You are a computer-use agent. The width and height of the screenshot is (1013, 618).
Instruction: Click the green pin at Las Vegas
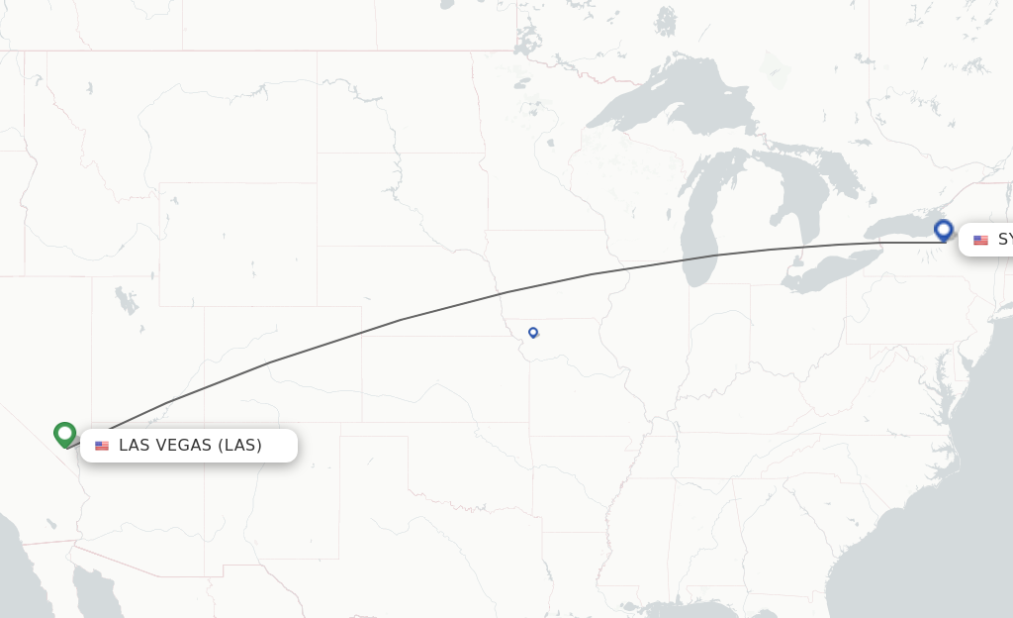point(65,434)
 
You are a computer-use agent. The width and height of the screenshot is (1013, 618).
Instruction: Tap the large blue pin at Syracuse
point(943,231)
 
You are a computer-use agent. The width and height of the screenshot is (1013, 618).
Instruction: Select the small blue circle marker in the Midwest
point(533,333)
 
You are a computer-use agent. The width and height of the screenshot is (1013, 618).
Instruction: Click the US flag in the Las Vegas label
point(102,446)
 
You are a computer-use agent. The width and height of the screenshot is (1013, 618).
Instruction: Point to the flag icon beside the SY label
point(980,240)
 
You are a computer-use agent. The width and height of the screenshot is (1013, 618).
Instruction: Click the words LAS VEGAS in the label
point(165,446)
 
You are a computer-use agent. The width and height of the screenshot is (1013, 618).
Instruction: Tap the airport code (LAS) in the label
point(240,446)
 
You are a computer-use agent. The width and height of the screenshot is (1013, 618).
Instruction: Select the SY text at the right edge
point(1004,240)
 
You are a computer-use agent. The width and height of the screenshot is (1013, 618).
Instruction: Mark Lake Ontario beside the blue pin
point(900,230)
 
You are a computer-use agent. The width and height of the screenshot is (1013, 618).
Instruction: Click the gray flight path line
point(401,319)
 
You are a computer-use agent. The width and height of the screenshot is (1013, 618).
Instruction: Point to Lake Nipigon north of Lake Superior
point(666,20)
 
